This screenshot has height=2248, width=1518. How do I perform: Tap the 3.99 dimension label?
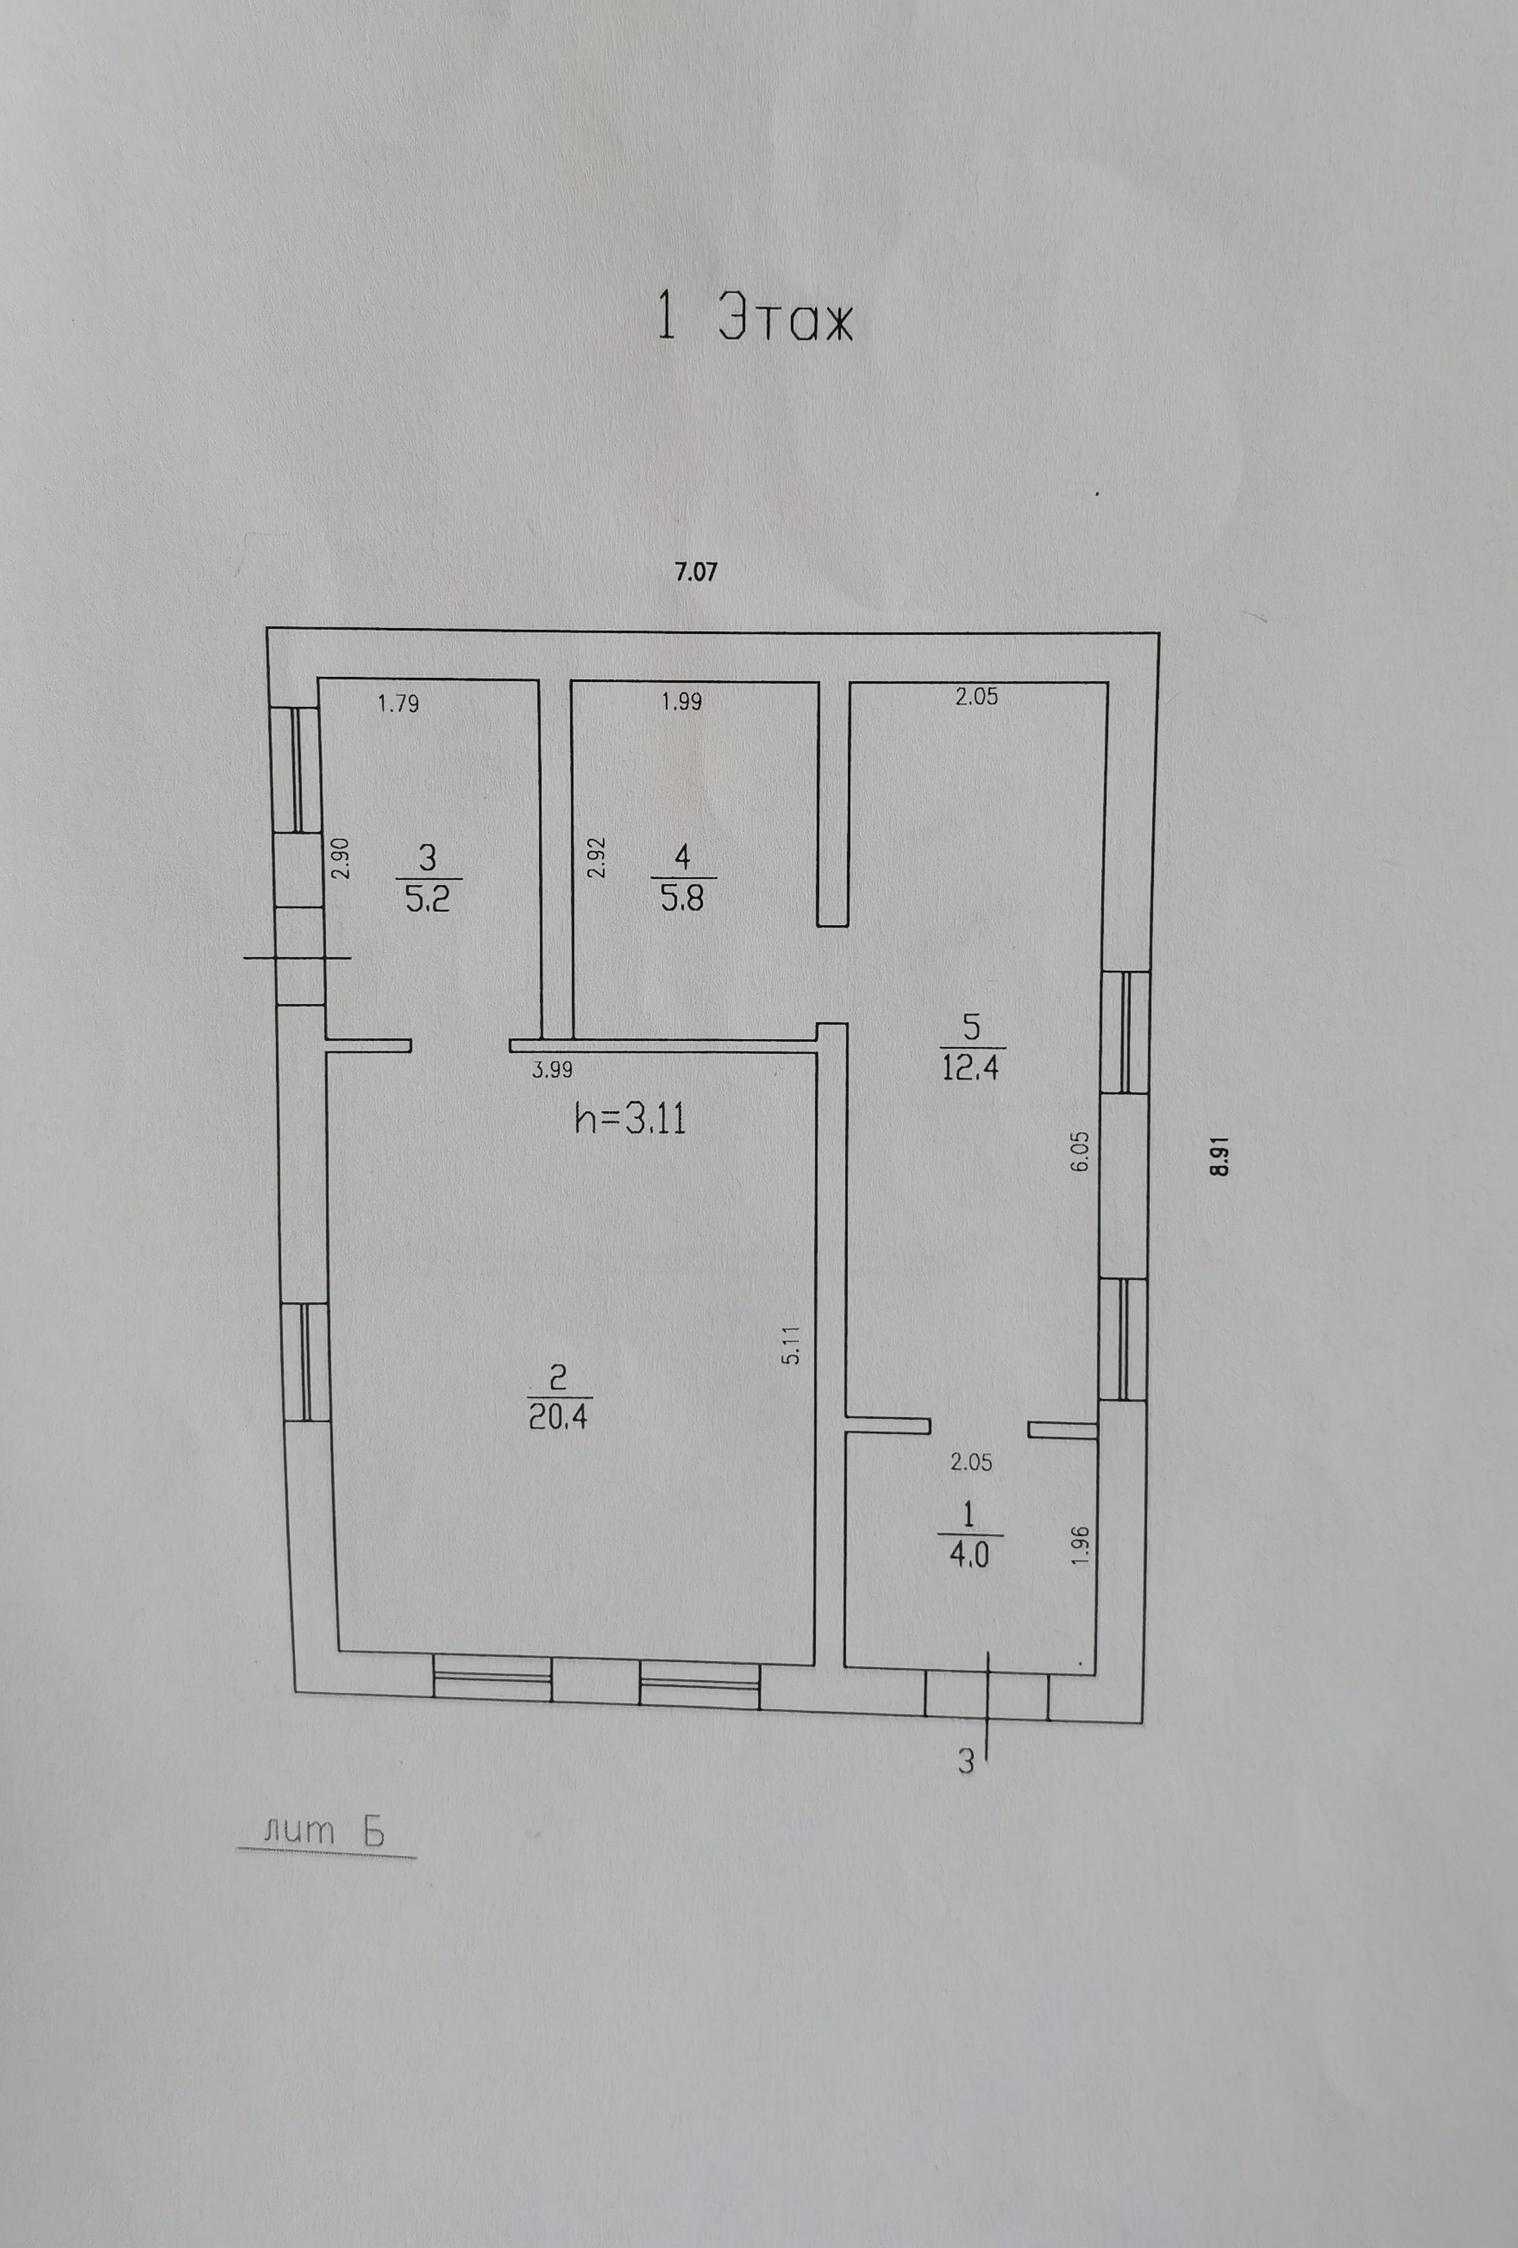(x=552, y=1070)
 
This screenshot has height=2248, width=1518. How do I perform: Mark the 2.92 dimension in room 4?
(x=597, y=857)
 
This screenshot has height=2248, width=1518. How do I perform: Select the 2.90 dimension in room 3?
(x=340, y=858)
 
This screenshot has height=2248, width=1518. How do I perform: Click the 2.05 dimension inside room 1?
(x=972, y=1462)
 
